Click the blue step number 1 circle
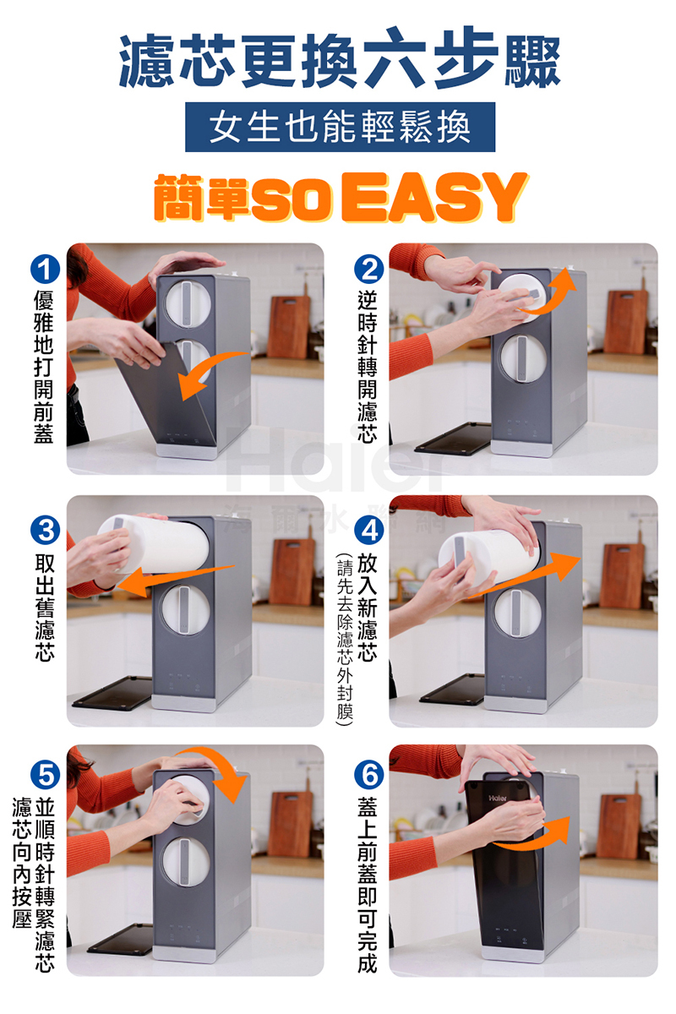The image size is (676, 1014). pos(46,270)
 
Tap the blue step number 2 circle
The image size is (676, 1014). pos(369,270)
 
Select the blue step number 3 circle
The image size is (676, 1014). pos(46,530)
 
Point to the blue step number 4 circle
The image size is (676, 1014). pos(369,530)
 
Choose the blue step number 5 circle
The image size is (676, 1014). pos(46,775)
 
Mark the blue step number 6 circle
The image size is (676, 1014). pos(369,775)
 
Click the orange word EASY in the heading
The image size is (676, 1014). pos(434,197)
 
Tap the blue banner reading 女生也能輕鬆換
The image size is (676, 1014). pos(340,128)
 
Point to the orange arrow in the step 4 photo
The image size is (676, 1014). pos(526,575)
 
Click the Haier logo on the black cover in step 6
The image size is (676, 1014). pos(498,798)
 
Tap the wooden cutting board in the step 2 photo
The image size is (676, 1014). pos(626,320)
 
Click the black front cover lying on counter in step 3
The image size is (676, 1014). pos(113,694)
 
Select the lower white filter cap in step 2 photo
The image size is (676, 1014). pos(523,358)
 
